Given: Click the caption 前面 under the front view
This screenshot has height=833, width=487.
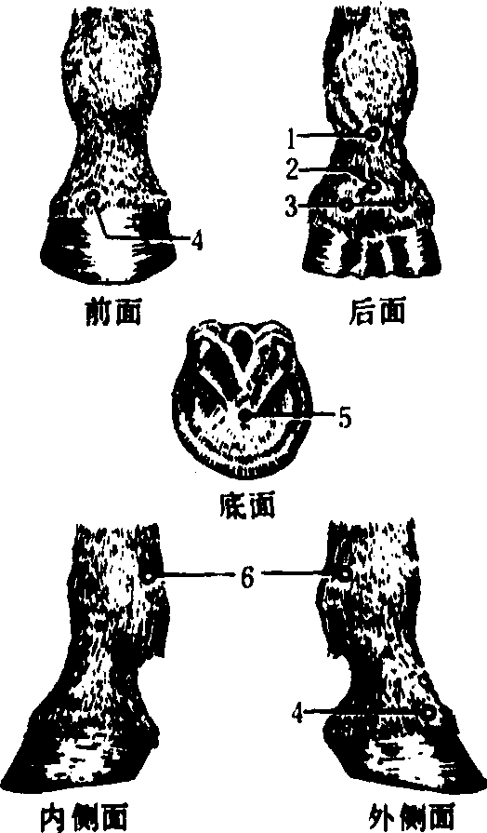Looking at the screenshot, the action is click(x=113, y=313).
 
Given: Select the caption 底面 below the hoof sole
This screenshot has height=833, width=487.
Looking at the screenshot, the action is click(x=246, y=505).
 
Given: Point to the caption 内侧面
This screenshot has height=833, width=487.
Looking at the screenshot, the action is click(x=84, y=819).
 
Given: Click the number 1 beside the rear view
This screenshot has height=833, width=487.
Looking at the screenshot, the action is click(x=291, y=139).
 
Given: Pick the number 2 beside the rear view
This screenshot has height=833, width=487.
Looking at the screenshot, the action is click(x=292, y=170).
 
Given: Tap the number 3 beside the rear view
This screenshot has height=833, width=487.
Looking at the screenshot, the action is click(x=291, y=206).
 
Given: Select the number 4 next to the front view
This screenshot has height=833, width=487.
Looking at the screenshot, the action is click(x=197, y=242).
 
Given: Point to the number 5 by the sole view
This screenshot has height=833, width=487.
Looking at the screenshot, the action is click(x=344, y=419).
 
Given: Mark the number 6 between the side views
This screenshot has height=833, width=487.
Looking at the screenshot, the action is click(x=246, y=577).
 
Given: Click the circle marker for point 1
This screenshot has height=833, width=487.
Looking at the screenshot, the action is click(x=374, y=134).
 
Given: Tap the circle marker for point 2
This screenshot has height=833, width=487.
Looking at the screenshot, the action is click(x=375, y=187).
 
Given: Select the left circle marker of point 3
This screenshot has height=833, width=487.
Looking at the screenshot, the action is click(x=346, y=205).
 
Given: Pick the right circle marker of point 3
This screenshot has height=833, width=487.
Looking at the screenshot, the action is click(x=402, y=205).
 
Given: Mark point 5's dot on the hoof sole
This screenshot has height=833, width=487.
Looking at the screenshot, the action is click(x=245, y=416).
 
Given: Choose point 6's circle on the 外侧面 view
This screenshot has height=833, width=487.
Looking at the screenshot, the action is click(x=344, y=574).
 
